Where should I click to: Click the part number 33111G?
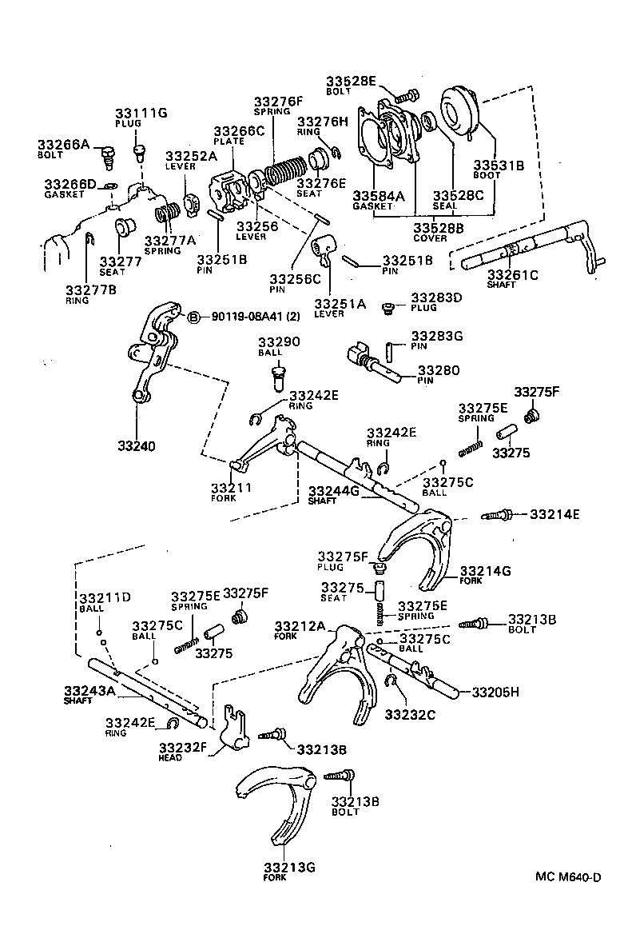click(140, 113)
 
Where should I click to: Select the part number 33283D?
click(436, 298)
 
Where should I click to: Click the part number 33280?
click(439, 372)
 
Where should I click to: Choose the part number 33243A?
click(89, 690)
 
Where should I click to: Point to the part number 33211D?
click(104, 597)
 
